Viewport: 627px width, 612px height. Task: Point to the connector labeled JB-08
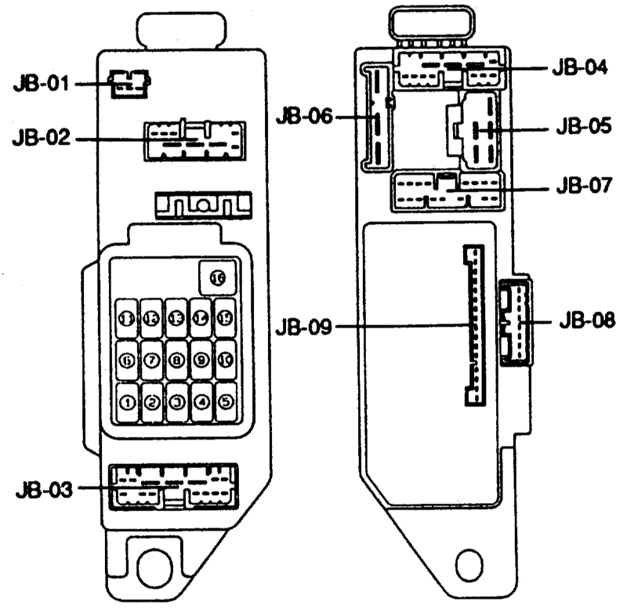coord(514,321)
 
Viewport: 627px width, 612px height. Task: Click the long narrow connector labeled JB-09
coord(474,324)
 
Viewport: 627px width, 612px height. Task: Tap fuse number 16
coord(216,276)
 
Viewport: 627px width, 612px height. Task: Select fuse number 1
coord(127,403)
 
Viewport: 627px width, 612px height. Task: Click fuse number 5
coord(226,403)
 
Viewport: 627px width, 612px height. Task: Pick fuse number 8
coord(177,360)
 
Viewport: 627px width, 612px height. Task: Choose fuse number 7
coord(152,360)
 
